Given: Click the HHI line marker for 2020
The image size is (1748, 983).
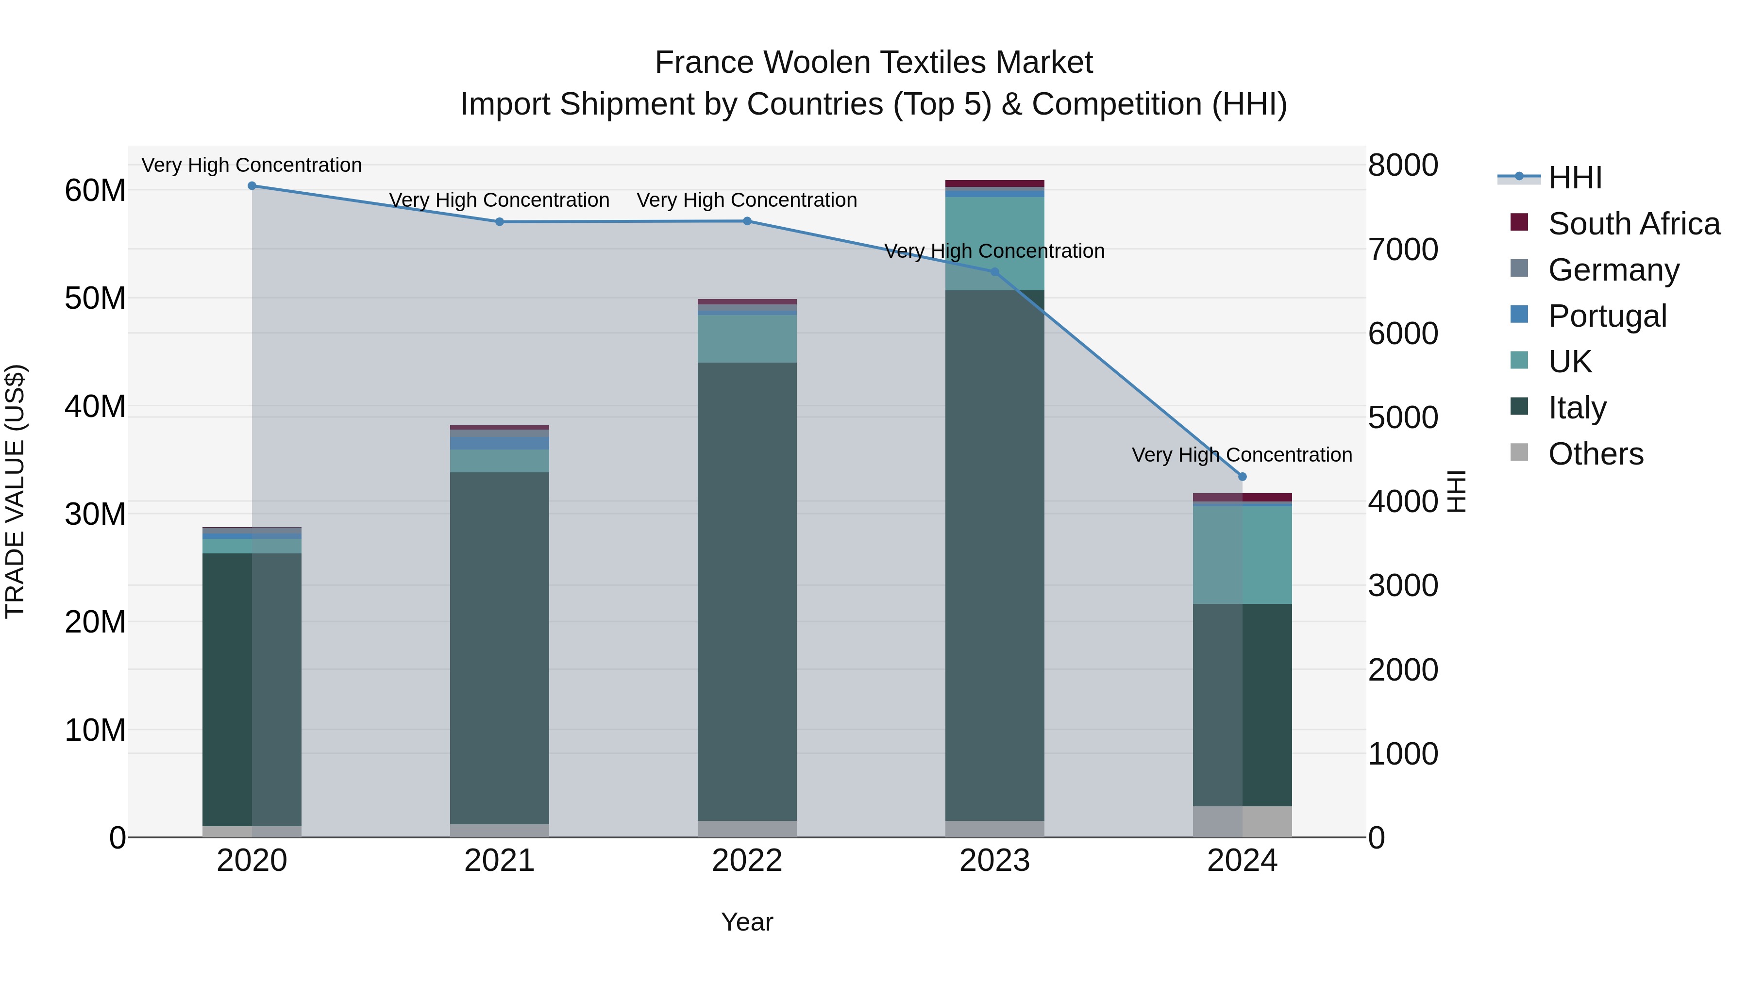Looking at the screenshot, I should [x=252, y=186].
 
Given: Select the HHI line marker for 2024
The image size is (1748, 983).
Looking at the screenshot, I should [x=1243, y=477].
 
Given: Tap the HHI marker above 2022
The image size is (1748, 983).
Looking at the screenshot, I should [x=747, y=221].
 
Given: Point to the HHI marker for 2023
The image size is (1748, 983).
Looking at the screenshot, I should [x=995, y=272].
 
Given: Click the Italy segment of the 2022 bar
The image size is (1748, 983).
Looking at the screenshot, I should [x=747, y=590].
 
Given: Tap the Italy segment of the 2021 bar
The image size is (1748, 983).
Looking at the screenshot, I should [x=500, y=648].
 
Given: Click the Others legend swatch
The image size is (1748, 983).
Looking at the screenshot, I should [x=1519, y=452].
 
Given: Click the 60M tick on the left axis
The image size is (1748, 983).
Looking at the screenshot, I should [x=95, y=191].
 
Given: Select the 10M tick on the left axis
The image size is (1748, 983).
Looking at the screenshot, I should [x=95, y=731].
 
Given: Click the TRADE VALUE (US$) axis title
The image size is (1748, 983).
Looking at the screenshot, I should [x=15, y=491].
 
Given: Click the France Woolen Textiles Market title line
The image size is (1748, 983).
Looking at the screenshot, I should [x=874, y=63].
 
